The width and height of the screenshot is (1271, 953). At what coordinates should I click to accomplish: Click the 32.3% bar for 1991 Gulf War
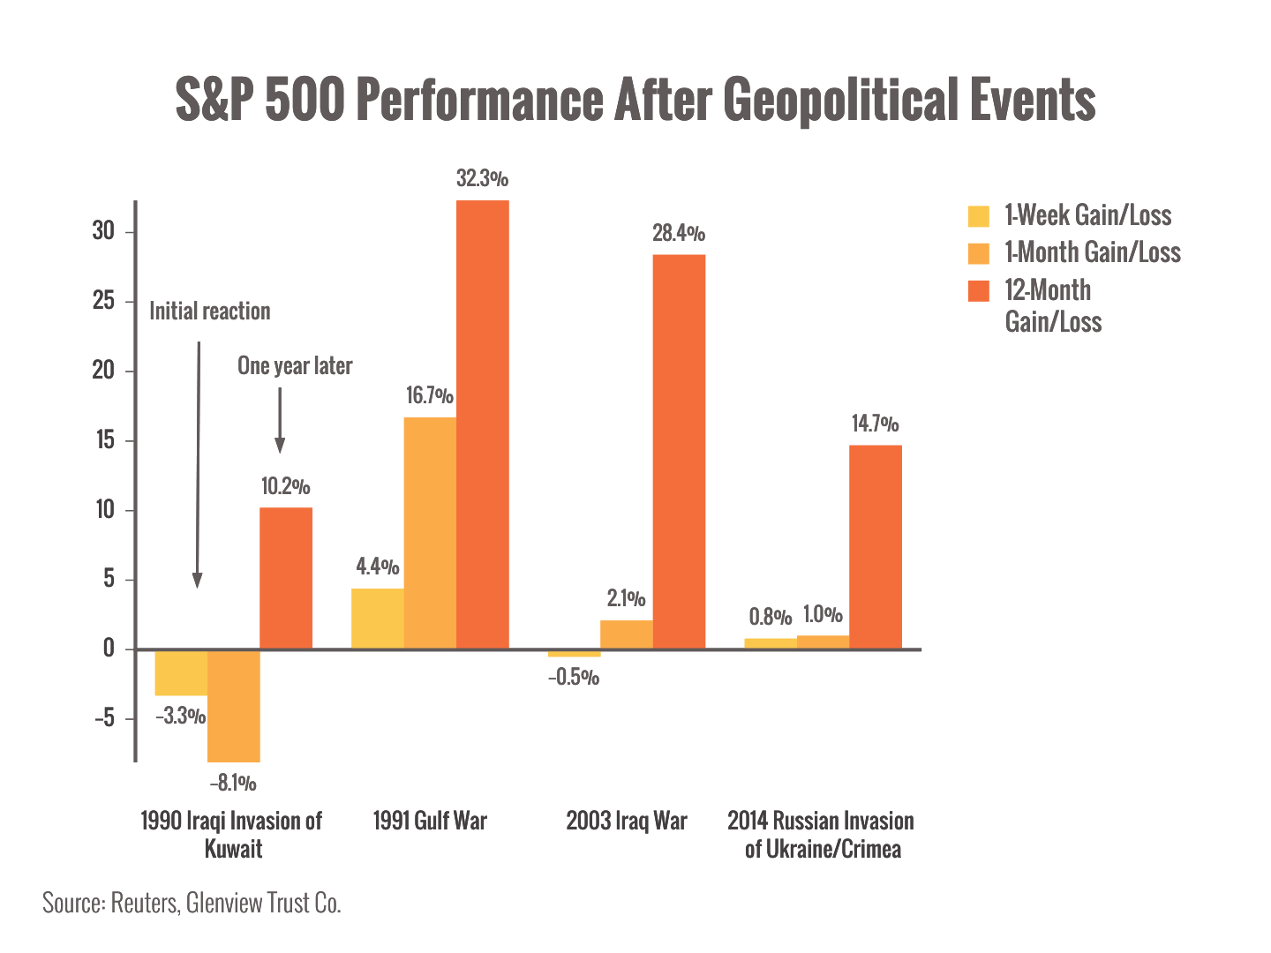coord(482,424)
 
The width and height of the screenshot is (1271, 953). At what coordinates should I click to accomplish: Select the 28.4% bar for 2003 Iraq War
coord(679,451)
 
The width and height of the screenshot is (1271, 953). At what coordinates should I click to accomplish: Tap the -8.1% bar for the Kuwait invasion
coord(234,705)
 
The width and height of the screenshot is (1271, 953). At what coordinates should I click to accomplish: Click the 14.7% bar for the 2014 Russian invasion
coord(876,546)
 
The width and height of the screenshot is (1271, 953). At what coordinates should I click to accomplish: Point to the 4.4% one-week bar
coord(377,619)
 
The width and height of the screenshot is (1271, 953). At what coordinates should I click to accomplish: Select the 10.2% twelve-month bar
coord(286,578)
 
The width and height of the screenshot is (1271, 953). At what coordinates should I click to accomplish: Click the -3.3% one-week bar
coord(181,672)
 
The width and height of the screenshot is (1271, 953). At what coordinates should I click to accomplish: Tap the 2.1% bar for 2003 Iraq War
coord(627,634)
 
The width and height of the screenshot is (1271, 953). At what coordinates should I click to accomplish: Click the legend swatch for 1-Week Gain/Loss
coord(979,216)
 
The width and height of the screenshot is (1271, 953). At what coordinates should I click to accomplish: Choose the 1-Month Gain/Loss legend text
coord(1093,253)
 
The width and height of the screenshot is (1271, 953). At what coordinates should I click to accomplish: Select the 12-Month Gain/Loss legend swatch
coord(979,291)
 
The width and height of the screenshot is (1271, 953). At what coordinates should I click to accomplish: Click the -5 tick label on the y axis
coord(104,718)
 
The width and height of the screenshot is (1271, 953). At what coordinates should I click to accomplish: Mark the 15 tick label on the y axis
coord(105,440)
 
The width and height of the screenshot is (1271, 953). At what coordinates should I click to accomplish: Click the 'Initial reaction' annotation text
coord(209,311)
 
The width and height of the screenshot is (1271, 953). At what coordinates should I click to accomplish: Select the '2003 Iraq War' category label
coord(626,821)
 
